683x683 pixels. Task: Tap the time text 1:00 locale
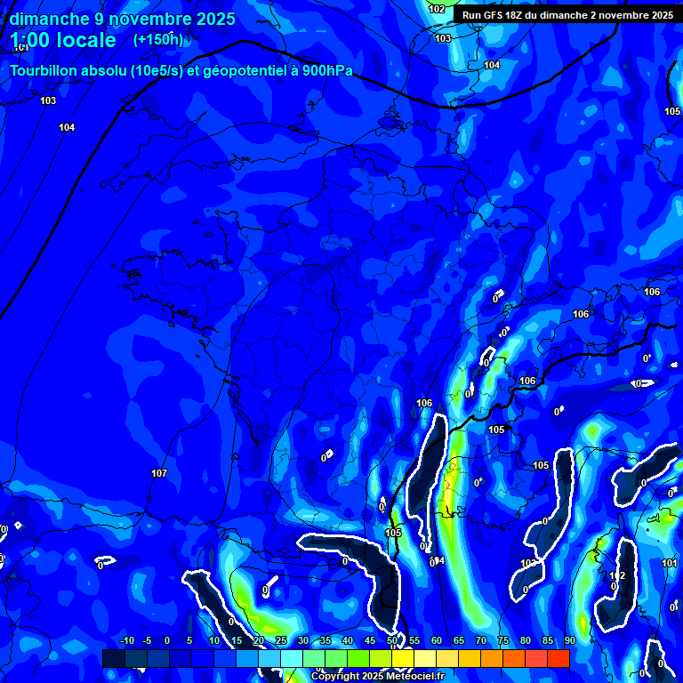pyautogui.click(x=63, y=40)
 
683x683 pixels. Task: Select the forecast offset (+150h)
pyautogui.click(x=157, y=40)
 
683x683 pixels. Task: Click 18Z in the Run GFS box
pyautogui.click(x=515, y=15)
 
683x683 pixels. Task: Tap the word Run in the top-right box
pyautogui.click(x=471, y=15)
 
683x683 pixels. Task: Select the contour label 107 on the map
pyautogui.click(x=159, y=473)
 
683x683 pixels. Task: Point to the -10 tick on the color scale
pyautogui.click(x=125, y=640)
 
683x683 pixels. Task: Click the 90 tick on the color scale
pyautogui.click(x=569, y=640)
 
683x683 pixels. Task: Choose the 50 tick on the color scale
pyautogui.click(x=392, y=640)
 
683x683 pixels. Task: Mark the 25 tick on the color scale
pyautogui.click(x=281, y=640)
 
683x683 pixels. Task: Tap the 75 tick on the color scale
pyautogui.click(x=502, y=640)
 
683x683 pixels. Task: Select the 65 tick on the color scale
pyautogui.click(x=458, y=640)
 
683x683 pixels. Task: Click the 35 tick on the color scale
pyautogui.click(x=325, y=640)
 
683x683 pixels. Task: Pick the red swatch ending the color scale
pyautogui.click(x=558, y=658)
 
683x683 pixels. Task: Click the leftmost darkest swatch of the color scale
pyautogui.click(x=113, y=658)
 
